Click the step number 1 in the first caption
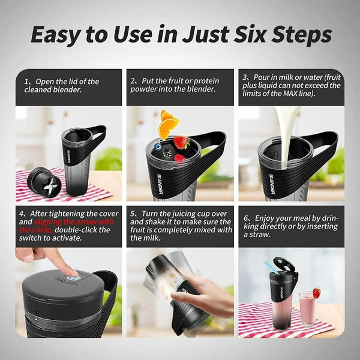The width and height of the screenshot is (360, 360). [28, 81]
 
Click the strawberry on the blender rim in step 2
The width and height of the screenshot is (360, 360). [181, 143]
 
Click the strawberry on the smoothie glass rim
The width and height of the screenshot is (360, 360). [316, 292]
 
